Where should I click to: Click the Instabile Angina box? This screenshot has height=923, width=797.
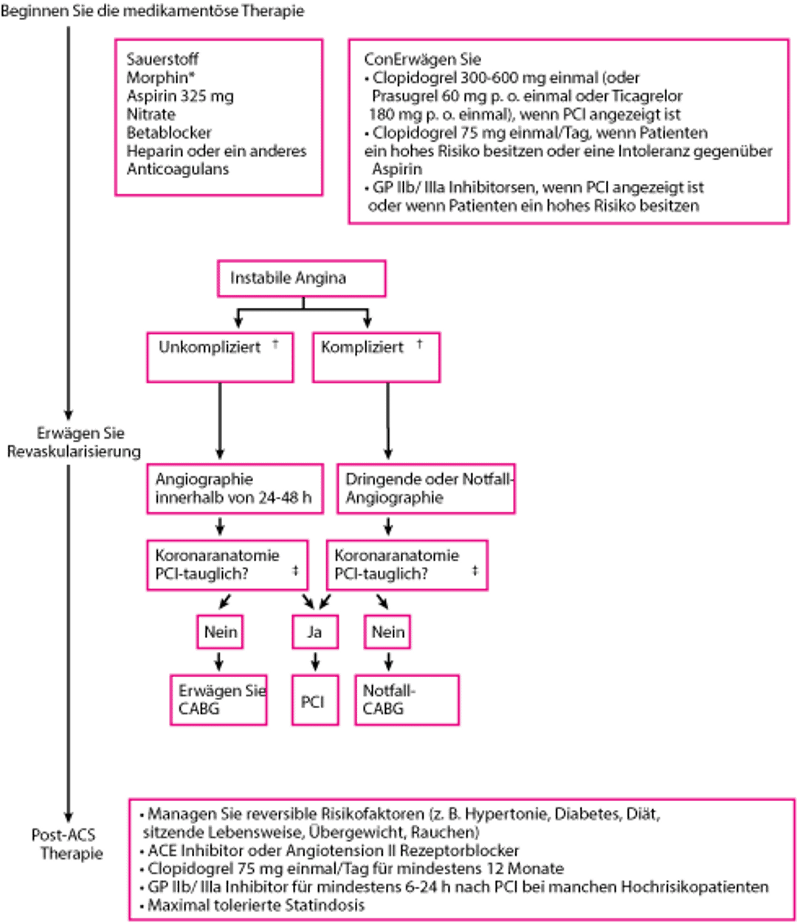tap(301, 278)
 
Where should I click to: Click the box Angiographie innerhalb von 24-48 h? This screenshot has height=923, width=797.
tap(235, 488)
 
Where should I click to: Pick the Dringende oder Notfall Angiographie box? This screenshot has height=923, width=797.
tap(426, 488)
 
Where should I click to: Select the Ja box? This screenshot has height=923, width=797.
tap(316, 633)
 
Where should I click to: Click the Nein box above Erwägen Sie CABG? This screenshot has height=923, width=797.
tap(221, 633)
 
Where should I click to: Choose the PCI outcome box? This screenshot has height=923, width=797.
tap(316, 700)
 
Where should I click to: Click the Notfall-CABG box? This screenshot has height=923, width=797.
tap(407, 700)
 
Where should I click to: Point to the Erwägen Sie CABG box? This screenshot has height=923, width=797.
tap(219, 700)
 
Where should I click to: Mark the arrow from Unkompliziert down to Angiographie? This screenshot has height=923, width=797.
tap(220, 421)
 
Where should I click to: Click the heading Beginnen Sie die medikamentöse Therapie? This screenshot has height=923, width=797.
tap(153, 12)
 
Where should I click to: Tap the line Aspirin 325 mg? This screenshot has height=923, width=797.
tap(181, 96)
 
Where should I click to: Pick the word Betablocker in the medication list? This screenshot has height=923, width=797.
tap(170, 133)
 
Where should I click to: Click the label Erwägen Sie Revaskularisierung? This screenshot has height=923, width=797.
tap(72, 442)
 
